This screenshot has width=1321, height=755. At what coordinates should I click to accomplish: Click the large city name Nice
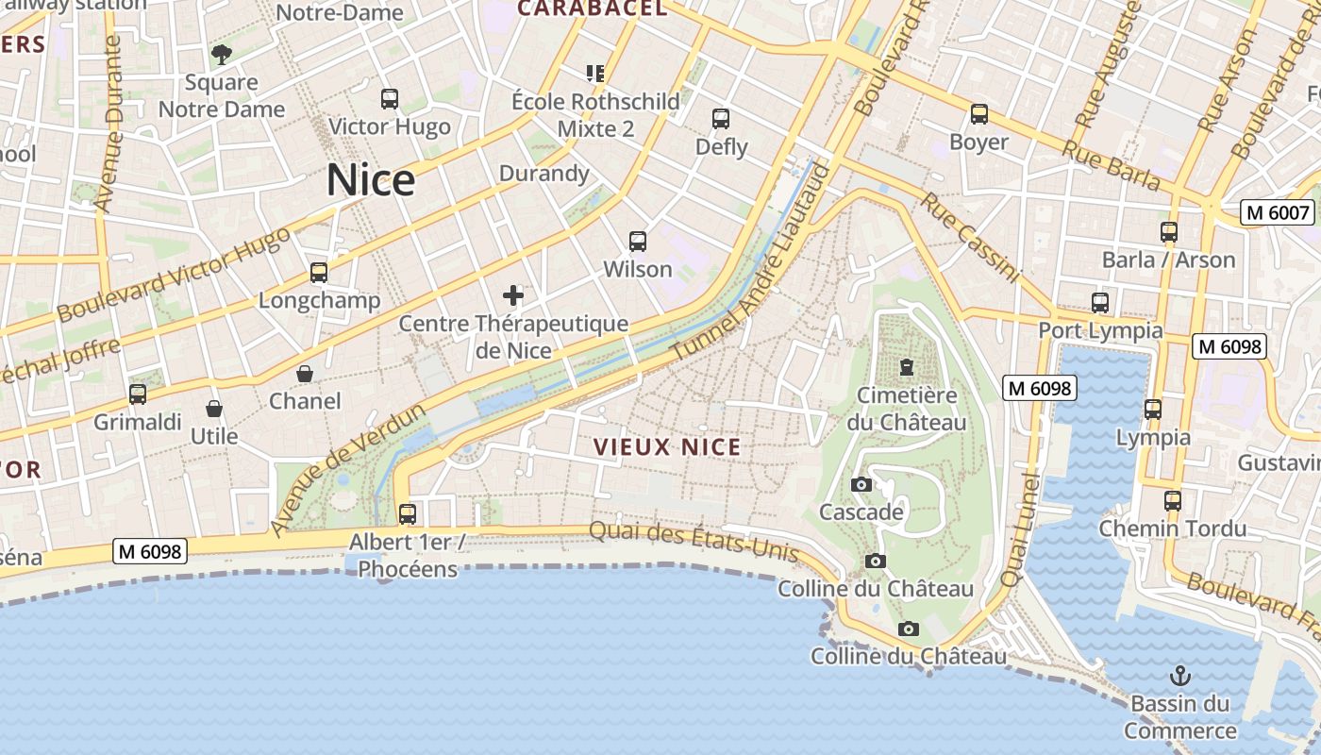pos(371,180)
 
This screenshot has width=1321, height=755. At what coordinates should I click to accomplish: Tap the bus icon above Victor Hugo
pos(389,99)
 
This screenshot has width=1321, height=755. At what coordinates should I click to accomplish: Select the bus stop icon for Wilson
pos(638,242)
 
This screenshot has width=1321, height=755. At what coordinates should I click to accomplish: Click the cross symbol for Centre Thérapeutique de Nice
pos(513,296)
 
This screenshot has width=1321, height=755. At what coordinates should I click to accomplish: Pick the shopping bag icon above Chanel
pos(305,374)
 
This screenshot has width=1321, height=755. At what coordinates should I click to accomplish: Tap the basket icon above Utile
pos(214,409)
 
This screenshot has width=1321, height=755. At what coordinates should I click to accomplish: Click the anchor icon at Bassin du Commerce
pos(1179,676)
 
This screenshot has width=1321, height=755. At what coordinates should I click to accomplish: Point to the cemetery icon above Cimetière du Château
pos(907,366)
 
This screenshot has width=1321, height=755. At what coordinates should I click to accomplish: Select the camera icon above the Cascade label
pos(861,485)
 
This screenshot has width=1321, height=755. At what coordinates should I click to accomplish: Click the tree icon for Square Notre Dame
pos(222,55)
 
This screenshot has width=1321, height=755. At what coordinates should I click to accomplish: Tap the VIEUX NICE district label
pos(667,447)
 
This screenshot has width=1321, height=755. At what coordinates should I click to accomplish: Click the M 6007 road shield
pos(1279,212)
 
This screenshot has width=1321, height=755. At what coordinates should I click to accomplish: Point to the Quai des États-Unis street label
pos(694,542)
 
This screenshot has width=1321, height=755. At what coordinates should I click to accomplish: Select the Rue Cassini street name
pos(970,238)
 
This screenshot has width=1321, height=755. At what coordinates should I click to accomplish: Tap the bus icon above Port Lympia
pos(1100,303)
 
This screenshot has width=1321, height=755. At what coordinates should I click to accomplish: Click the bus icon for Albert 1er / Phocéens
pos(408,514)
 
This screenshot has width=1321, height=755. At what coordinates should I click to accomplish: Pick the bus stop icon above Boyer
pos(979,114)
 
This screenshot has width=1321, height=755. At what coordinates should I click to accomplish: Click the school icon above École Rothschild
pos(595,73)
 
